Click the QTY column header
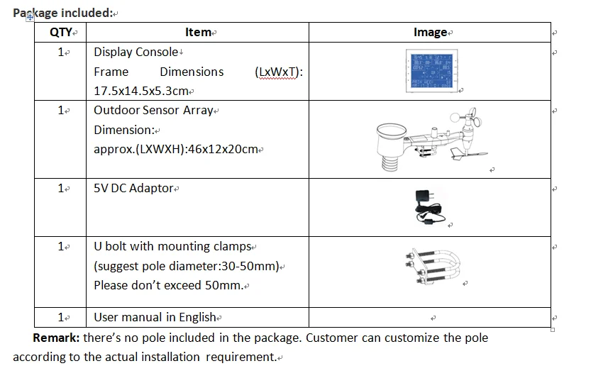tap(61, 32)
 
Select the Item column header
tap(198, 32)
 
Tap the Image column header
tap(430, 32)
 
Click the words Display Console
tap(136, 52)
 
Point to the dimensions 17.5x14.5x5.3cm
tap(141, 91)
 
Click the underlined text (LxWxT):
tap(277, 72)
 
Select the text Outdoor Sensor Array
tap(153, 110)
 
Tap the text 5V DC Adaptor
tap(133, 188)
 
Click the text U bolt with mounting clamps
tap(172, 246)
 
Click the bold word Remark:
tap(56, 338)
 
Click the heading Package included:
tap(62, 12)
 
